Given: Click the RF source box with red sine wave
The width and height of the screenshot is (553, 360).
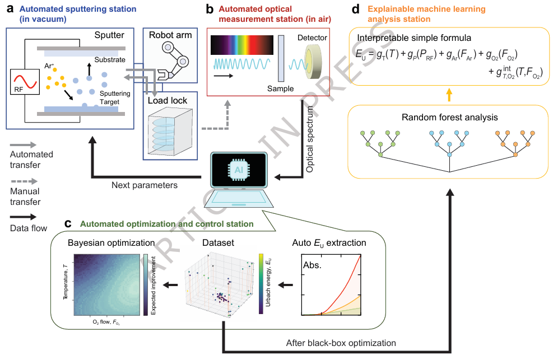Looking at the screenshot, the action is point(25,82).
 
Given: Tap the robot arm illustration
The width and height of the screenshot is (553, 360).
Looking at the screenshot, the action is point(174,60).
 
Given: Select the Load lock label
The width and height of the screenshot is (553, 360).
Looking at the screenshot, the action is point(168,101).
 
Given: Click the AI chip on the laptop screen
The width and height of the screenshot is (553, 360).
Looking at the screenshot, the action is point(239,170).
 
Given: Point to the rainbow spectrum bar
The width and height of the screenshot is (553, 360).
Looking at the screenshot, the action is point(242,45).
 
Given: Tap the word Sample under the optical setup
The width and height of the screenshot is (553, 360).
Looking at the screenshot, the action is point(280,89).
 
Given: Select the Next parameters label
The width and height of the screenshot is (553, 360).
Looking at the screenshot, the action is point(145,185).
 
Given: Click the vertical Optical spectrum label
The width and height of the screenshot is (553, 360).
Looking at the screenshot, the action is point(310,139).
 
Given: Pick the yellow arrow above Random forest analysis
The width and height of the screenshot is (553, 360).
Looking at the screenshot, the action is point(449,95).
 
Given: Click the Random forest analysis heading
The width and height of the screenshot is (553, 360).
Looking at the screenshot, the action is point(450,118).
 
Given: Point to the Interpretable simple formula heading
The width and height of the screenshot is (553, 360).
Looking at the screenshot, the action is point(414,38).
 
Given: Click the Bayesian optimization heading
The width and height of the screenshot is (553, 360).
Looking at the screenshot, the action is point(111,242).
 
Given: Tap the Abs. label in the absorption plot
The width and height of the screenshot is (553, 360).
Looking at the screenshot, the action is point(312,265).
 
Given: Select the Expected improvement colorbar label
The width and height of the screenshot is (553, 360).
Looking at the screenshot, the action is point(154,286).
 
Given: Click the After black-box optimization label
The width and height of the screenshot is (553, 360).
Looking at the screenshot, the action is point(341,343).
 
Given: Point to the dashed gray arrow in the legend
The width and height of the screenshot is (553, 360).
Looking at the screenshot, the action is point(24,181).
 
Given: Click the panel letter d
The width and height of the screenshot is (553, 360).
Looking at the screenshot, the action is point(356,9).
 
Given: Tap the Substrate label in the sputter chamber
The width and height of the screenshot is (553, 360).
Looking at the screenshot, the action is point(110,60).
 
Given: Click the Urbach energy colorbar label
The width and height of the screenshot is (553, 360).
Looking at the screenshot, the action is point(268,283).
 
